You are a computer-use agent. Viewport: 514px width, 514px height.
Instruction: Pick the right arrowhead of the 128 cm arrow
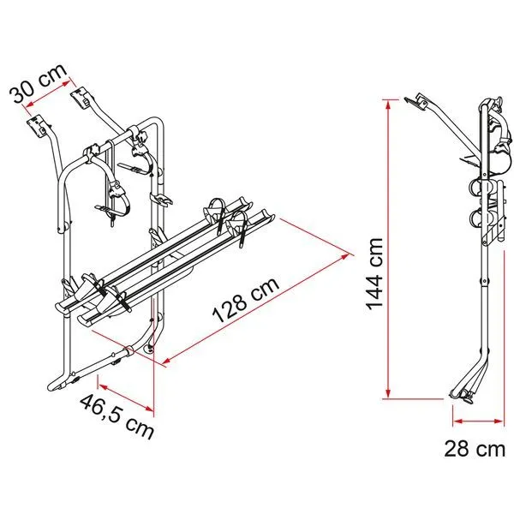click(350, 253)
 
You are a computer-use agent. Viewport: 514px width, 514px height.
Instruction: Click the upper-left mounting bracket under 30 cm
click(37, 127)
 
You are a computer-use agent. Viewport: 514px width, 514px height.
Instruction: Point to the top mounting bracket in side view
click(419, 103)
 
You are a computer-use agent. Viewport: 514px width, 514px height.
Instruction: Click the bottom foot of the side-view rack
click(463, 394)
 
